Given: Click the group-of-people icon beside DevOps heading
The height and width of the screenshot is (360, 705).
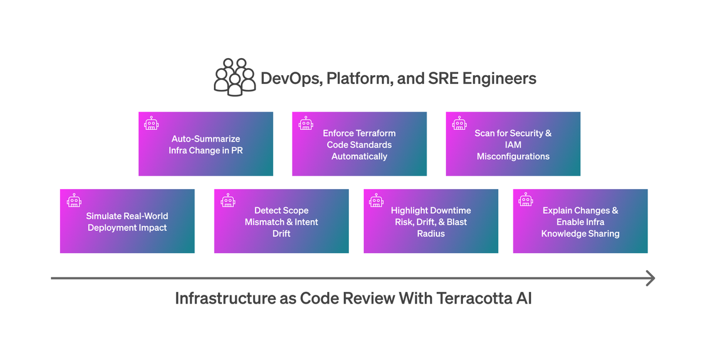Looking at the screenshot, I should (x=234, y=78).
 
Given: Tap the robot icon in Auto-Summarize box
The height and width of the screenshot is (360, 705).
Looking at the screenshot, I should (x=152, y=123).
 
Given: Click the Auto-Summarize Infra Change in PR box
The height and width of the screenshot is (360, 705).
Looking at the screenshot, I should (x=206, y=144).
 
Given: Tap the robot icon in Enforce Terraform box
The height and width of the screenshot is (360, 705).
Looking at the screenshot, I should (x=305, y=123).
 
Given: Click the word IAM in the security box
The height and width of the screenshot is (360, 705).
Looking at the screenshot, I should (x=513, y=144).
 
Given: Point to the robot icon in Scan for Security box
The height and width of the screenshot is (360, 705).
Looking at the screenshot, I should (x=459, y=123).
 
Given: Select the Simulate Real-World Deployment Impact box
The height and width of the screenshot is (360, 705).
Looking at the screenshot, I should (x=127, y=221).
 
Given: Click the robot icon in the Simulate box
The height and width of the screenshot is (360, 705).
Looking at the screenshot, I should (x=73, y=200).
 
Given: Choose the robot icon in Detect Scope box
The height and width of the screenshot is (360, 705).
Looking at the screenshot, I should (x=227, y=200).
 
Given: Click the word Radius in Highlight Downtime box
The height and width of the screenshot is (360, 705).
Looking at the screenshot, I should (x=431, y=234).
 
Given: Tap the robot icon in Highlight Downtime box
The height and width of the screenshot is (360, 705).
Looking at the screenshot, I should (x=377, y=200).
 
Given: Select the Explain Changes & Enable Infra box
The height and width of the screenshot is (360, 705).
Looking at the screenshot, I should (x=580, y=221).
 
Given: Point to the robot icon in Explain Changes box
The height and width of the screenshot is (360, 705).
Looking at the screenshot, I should (x=526, y=200).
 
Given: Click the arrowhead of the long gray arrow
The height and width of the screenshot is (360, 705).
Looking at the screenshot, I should (x=650, y=278).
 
